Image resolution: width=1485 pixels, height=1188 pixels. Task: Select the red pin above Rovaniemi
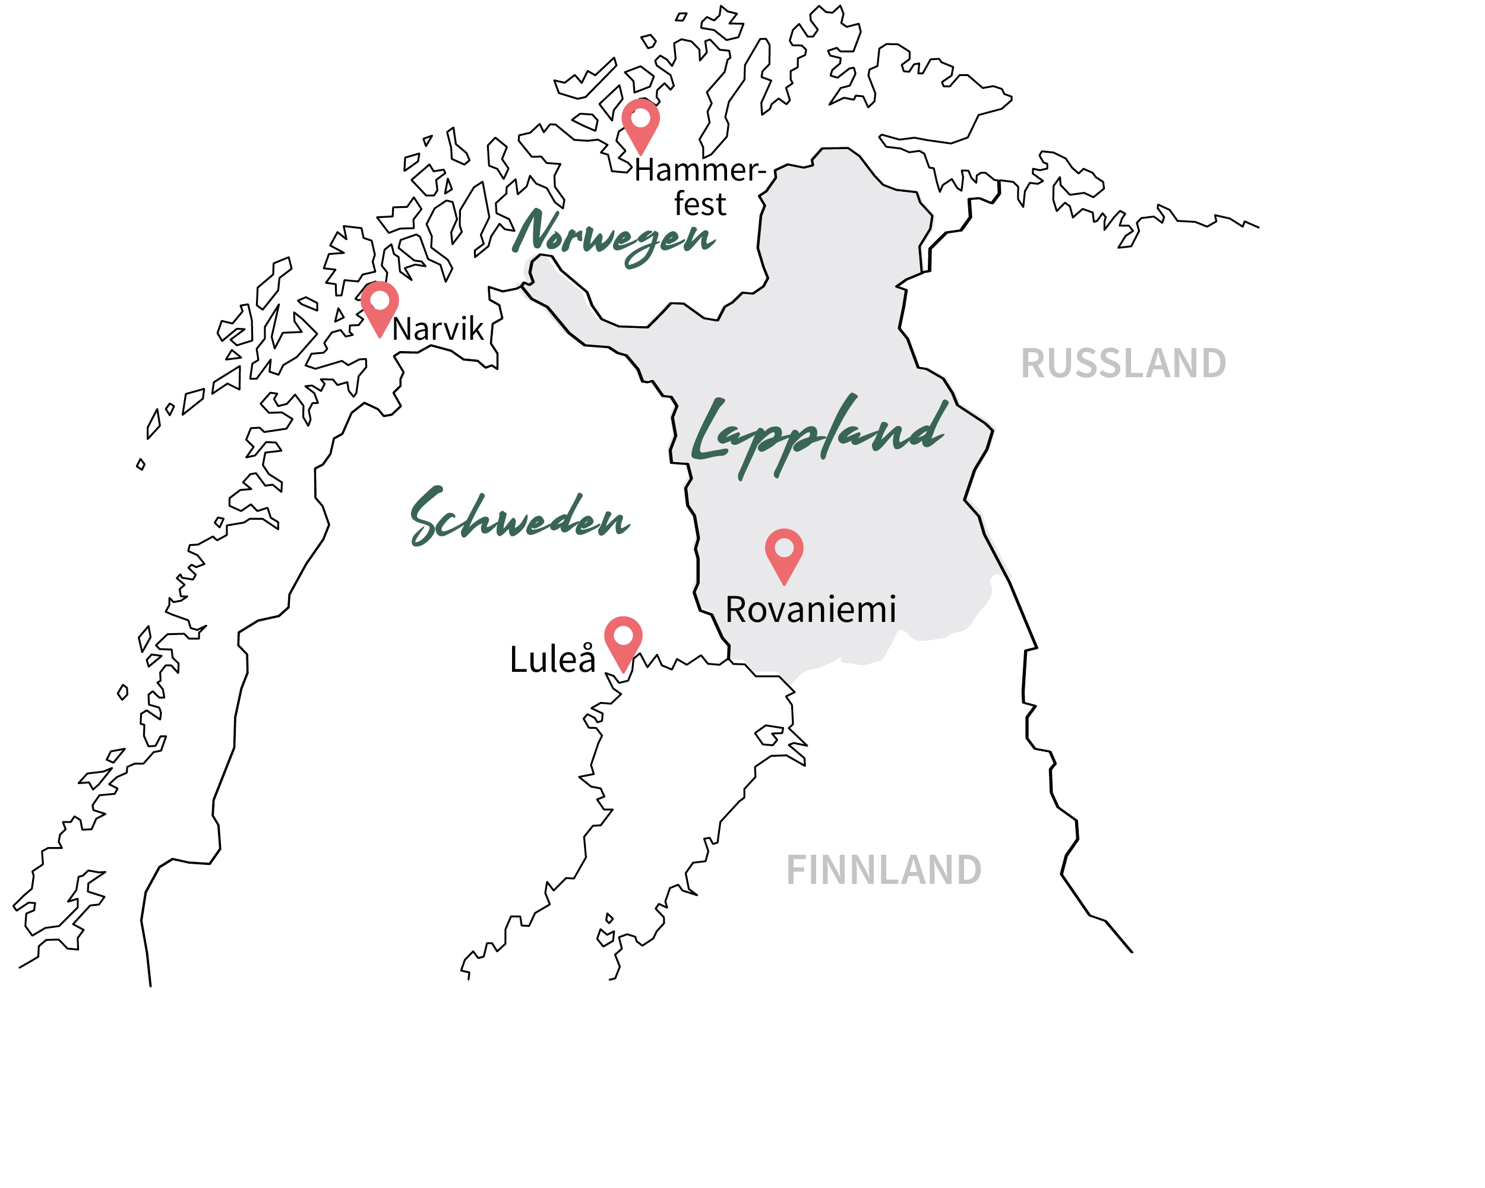pos(784,552)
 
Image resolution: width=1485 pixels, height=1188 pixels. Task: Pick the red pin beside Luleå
pos(623,640)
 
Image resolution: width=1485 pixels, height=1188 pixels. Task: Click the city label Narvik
pos(438,329)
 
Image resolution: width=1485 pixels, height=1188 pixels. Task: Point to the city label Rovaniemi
pos(811,609)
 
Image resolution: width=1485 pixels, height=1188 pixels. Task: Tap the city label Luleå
pos(552,660)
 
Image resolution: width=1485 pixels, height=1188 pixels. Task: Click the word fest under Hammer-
pos(700,204)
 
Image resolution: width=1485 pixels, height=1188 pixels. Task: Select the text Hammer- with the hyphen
pos(700,170)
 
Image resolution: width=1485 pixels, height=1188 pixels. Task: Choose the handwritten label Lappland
pos(820,434)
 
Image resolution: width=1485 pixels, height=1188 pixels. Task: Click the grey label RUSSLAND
pos(1123,363)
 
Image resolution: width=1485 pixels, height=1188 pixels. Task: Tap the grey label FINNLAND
pos(884,870)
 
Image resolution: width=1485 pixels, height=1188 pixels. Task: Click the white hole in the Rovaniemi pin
pos(784,548)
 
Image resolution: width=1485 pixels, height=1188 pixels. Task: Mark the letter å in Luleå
pos(586,659)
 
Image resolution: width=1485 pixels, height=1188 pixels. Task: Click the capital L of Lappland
pos(709,431)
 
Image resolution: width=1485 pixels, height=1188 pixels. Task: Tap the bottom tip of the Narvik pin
pos(380,336)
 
